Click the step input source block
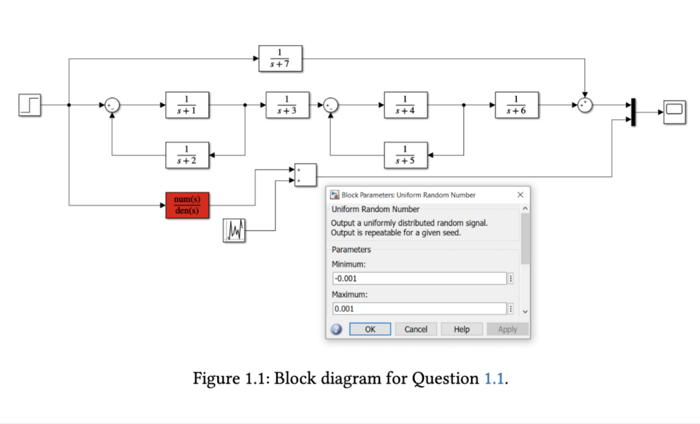pyautogui.click(x=30, y=105)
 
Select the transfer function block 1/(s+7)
pyautogui.click(x=280, y=59)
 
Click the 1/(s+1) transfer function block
pyautogui.click(x=187, y=105)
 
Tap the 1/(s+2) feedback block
pyautogui.click(x=187, y=155)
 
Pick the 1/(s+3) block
pyautogui.click(x=287, y=105)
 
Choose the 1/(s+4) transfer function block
pyautogui.click(x=405, y=105)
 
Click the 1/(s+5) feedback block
pyautogui.click(x=405, y=155)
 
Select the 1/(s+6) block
pyautogui.click(x=517, y=105)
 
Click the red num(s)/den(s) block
pyautogui.click(x=187, y=205)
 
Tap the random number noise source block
pyautogui.click(x=234, y=230)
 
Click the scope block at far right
pyautogui.click(x=673, y=111)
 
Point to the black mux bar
pyautogui.click(x=634, y=112)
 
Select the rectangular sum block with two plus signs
pyautogui.click(x=305, y=175)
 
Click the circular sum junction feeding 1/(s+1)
pyautogui.click(x=112, y=105)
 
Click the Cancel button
pyautogui.click(x=416, y=329)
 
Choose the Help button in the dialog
pyautogui.click(x=461, y=329)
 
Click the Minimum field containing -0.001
pyautogui.click(x=418, y=278)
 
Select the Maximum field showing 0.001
pyautogui.click(x=418, y=309)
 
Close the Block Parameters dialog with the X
pyautogui.click(x=520, y=195)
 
